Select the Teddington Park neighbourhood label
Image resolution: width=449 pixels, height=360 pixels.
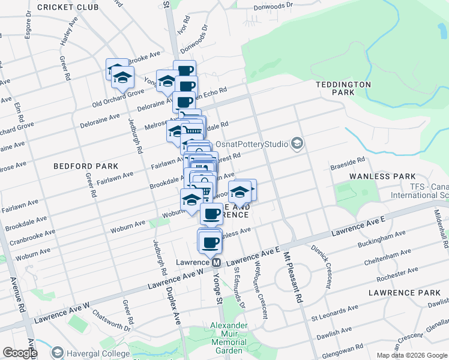343,89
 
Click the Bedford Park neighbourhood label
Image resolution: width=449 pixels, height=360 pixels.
85,166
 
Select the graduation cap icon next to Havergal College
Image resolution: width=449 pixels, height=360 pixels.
58,352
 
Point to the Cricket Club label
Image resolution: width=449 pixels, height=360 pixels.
68,7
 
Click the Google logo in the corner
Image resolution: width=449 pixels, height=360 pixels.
19,353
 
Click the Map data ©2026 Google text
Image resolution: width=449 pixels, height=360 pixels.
411,355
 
